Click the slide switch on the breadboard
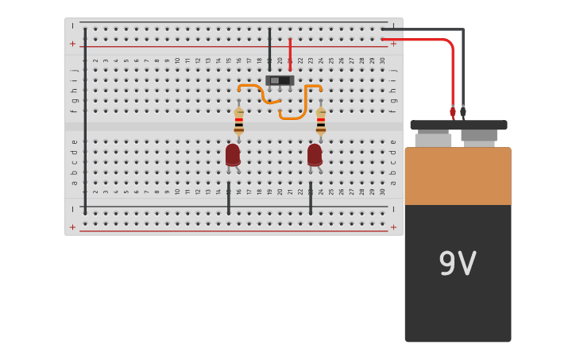(280, 80)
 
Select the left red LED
(232, 154)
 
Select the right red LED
(315, 154)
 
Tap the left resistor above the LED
(238, 121)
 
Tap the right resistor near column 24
(320, 121)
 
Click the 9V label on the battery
(457, 264)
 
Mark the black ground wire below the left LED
(228, 199)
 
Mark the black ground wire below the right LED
(310, 199)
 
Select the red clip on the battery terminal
(453, 113)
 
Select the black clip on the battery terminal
(463, 113)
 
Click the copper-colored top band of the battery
(458, 176)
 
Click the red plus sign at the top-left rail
(72, 44)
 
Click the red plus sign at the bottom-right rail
(393, 227)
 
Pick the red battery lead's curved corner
(450, 43)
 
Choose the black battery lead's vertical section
(463, 72)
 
